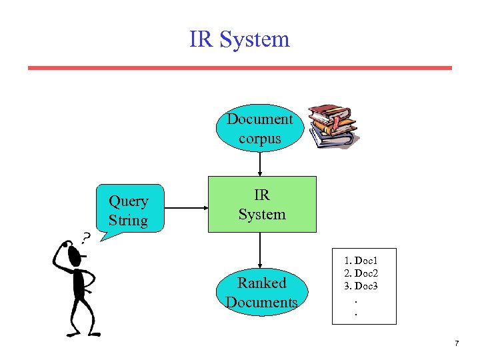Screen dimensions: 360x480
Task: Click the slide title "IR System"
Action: coord(239,39)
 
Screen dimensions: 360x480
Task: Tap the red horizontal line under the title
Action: coord(239,68)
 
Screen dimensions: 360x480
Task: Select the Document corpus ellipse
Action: coord(259,129)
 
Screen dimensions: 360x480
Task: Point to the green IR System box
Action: coord(262,204)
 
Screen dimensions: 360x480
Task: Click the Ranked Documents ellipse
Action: coord(261,292)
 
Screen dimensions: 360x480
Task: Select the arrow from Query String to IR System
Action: coord(186,207)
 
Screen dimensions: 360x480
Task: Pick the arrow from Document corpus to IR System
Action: coord(260,164)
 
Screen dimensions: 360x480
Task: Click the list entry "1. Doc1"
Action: coord(361,261)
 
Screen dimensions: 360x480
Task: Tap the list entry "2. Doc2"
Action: coord(361,273)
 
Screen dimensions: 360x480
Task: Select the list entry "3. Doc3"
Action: coord(361,285)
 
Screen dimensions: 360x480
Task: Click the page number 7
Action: coord(456,343)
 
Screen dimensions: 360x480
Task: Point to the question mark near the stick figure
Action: coord(86,237)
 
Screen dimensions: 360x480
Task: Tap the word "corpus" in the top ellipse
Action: coord(259,139)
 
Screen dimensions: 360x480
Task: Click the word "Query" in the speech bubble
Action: coord(128,201)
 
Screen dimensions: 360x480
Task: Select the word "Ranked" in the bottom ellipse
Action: coord(261,283)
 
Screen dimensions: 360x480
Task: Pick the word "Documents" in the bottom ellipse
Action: coord(261,302)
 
